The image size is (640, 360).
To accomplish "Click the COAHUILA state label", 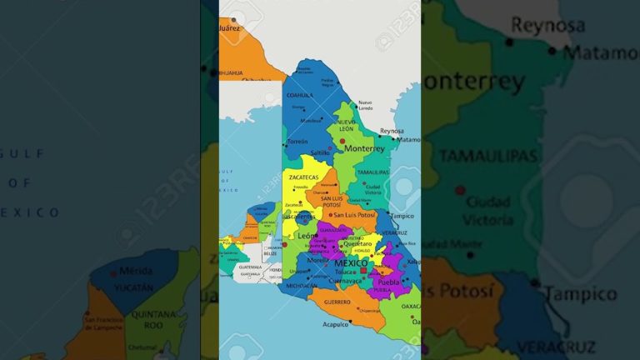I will pos(300,95).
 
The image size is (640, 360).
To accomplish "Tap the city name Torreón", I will pos(297,142).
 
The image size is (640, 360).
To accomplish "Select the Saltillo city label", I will pos(320,153).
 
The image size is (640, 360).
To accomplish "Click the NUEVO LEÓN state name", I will pos(346,125).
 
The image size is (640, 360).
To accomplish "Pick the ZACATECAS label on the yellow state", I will pos(304,177).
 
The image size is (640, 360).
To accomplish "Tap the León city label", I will pos(307,236).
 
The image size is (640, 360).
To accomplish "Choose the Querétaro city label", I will pos(357,244).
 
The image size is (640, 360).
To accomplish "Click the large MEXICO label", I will pos(351,263).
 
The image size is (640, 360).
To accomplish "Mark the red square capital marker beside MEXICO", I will pos(363,271).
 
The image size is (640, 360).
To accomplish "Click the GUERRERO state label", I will pos(337,302).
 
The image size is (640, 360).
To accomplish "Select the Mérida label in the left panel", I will pos(136,271).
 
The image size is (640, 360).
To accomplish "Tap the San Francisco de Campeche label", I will pos(105,323).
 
